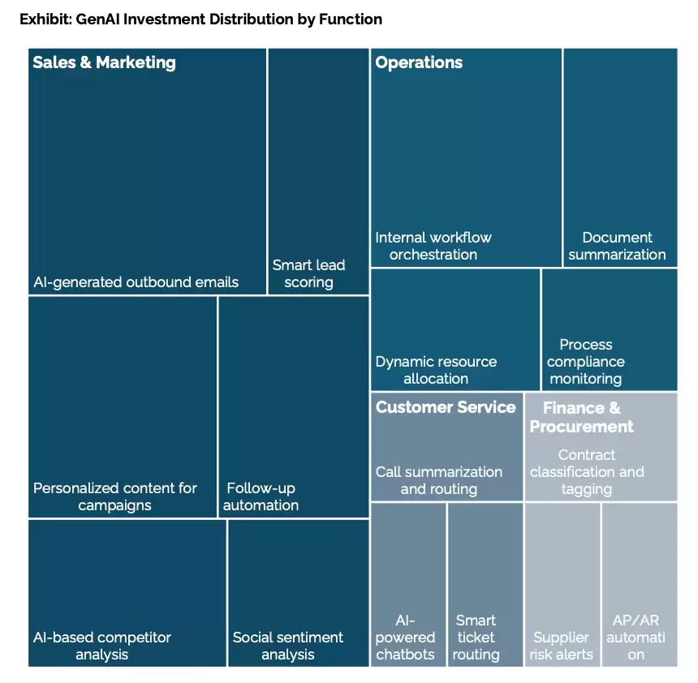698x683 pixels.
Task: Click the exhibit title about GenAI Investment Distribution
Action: point(200,19)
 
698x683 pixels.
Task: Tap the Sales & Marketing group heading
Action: point(104,62)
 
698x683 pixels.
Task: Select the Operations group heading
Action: point(419,62)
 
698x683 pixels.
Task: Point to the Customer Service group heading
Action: point(446,407)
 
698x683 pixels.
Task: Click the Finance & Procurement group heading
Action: point(581,417)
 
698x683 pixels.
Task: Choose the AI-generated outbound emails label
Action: point(136,282)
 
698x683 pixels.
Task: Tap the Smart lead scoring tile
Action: point(318,171)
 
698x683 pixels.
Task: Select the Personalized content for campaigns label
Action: point(115,496)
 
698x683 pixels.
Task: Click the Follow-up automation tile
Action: point(294,407)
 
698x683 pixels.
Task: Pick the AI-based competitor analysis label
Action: point(102,646)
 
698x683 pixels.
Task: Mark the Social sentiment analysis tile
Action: point(298,593)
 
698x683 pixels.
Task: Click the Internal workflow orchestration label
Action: point(433,246)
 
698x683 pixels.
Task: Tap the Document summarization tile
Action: point(621,157)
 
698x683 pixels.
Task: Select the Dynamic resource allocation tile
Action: point(455,329)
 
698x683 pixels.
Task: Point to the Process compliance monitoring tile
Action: point(610,329)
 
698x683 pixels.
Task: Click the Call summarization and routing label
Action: point(439,480)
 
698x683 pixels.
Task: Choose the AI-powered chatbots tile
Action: point(408,585)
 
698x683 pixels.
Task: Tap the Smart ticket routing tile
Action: point(485,585)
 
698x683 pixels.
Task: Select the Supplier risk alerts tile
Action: point(562,585)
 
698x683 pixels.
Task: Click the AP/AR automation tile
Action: point(640,585)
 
